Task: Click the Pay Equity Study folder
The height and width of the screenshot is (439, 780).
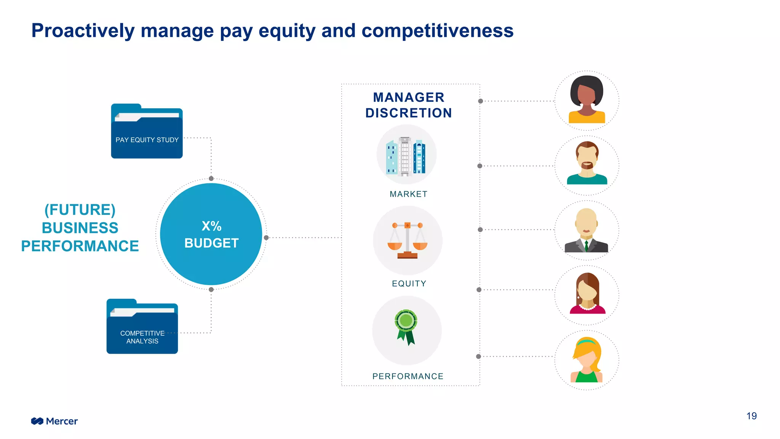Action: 147,131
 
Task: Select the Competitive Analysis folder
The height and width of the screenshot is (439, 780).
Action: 142,327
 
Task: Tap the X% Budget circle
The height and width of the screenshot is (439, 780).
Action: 211,234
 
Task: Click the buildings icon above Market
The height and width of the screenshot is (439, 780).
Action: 406,155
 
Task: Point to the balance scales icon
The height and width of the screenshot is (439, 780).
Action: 408,240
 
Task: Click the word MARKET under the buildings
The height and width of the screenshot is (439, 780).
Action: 408,194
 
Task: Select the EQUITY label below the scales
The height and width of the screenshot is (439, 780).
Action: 409,284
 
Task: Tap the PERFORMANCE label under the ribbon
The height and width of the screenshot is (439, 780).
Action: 408,377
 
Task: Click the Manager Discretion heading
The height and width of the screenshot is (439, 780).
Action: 409,105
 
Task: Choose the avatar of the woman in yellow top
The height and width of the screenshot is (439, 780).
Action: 587,100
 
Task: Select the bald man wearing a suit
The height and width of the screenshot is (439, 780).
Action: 587,230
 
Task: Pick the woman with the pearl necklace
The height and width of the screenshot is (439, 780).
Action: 587,295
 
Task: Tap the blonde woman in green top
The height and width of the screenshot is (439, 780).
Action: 587,360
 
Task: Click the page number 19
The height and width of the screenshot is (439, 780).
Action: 751,416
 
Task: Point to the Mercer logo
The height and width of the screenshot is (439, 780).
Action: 54,421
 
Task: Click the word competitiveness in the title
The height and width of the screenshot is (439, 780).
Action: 437,30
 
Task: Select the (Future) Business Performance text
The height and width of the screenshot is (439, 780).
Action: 80,228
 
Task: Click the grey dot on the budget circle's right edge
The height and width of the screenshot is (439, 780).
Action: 266,238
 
